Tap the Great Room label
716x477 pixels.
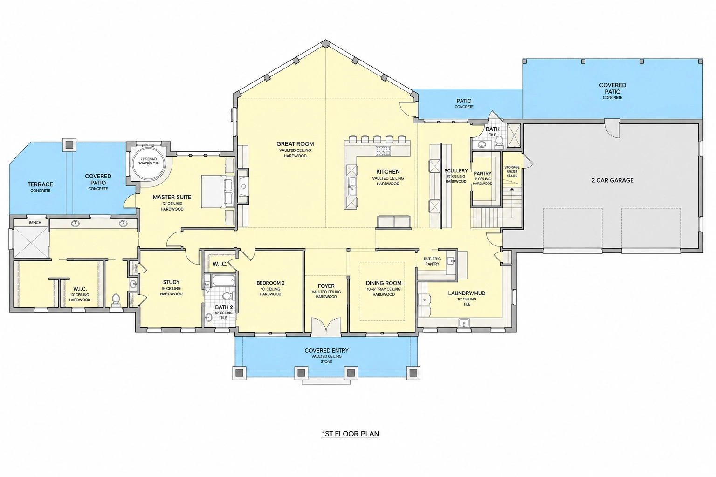295,144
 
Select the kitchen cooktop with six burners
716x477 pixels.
383,150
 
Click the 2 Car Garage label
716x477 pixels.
613,180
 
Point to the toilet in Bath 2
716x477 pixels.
227,295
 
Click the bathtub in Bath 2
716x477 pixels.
223,281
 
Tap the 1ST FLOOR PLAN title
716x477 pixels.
351,434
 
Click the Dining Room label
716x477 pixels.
384,283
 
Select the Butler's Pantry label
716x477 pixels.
432,261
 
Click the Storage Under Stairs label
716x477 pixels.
512,171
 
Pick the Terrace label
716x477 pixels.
40,184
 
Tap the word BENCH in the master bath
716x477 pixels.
35,223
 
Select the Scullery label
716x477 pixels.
456,171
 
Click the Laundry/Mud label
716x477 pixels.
467,293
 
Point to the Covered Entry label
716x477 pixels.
326,350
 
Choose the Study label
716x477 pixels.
172,282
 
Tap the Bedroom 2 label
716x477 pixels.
270,283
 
